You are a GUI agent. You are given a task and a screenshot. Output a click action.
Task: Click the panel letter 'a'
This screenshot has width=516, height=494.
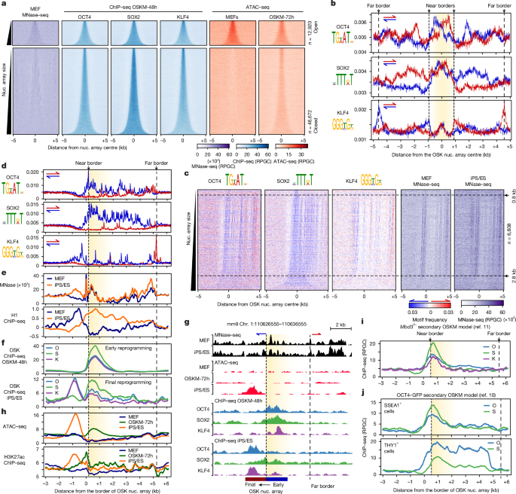(4, 5)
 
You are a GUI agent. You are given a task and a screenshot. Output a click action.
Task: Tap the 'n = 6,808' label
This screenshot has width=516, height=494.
(505, 245)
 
